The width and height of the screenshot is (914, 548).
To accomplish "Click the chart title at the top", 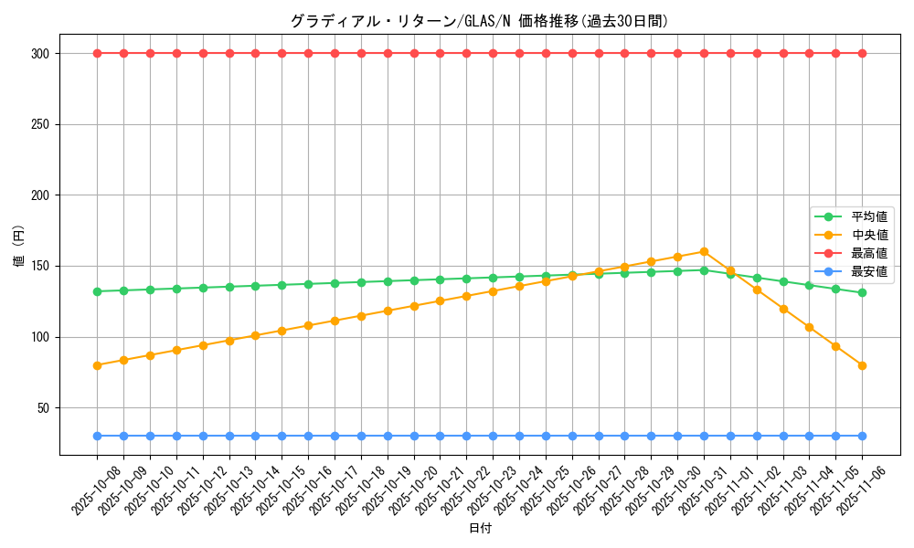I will pos(479,21).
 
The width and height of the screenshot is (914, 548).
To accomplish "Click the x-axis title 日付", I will pos(480,529).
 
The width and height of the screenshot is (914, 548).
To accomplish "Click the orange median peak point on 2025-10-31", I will pos(704,251).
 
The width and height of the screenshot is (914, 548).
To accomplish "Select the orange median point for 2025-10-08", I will pos(97,365).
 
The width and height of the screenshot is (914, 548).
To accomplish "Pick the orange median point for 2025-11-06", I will pos(862,365).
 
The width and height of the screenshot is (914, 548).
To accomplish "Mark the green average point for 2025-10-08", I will pos(97,291).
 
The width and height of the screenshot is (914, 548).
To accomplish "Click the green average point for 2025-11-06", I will pos(862,292).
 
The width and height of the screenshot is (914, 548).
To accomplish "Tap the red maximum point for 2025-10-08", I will pos(97,53).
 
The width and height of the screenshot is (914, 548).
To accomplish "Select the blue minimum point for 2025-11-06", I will pos(862,436).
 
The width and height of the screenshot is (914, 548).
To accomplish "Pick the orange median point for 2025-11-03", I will pos(783,309).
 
